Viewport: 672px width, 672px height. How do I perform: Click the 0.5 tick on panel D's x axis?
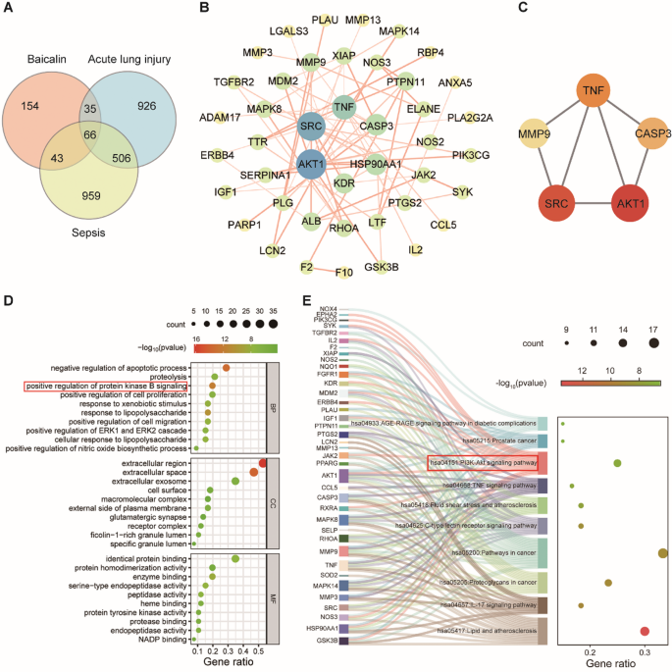[259, 649]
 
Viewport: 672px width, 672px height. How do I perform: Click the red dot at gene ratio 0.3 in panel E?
[644, 631]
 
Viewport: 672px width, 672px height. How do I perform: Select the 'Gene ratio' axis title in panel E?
[613, 664]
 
